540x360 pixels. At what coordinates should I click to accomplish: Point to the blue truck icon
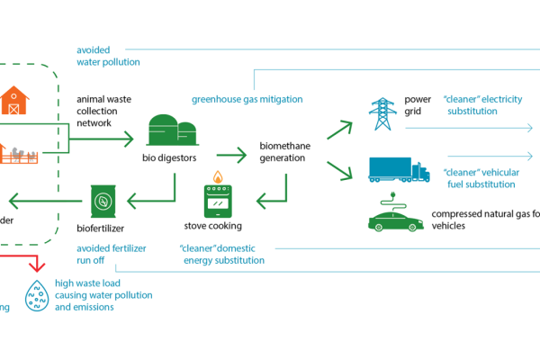pyautogui.click(x=399, y=169)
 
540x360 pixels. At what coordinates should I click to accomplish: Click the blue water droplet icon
pyautogui.click(x=36, y=296)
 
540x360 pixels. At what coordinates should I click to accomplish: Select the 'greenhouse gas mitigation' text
pyautogui.click(x=247, y=99)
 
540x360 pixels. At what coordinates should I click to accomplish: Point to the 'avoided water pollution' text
pyautogui.click(x=107, y=57)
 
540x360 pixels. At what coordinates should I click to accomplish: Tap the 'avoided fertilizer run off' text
pyautogui.click(x=111, y=254)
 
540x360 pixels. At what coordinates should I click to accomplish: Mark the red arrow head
pyautogui.click(x=36, y=266)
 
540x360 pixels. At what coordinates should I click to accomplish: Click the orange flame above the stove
pyautogui.click(x=217, y=176)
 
